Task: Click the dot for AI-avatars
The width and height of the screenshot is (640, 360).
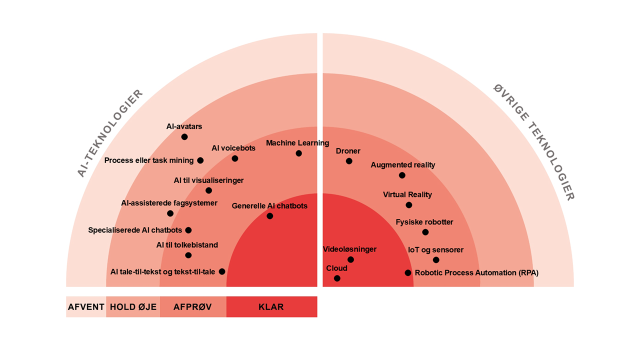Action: pos(184,136)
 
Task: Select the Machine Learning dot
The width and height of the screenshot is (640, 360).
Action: pos(298,153)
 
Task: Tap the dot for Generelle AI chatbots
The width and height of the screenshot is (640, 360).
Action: pos(270,216)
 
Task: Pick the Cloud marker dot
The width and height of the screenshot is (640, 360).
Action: pos(337,278)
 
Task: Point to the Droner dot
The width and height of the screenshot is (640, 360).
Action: pos(349,161)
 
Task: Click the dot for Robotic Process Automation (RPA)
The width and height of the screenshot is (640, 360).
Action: pos(408,273)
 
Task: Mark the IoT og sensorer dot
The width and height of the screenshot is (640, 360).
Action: pos(436,260)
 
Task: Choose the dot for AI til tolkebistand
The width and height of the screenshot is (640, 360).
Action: pos(188,255)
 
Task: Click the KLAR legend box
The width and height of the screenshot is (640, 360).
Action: pos(271,307)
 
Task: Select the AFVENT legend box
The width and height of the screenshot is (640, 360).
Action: pos(86,307)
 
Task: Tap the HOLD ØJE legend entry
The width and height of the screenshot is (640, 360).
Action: pos(133,307)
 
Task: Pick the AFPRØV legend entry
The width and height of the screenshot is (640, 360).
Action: pos(193,307)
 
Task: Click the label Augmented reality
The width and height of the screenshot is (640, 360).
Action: pos(403,165)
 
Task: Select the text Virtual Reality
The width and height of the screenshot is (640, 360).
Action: pos(407,194)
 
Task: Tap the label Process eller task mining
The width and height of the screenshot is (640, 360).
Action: pos(149,160)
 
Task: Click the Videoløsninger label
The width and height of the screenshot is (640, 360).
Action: pos(349,249)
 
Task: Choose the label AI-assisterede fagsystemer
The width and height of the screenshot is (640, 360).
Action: pos(169,203)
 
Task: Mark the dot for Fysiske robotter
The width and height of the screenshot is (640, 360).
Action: pos(425,232)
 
